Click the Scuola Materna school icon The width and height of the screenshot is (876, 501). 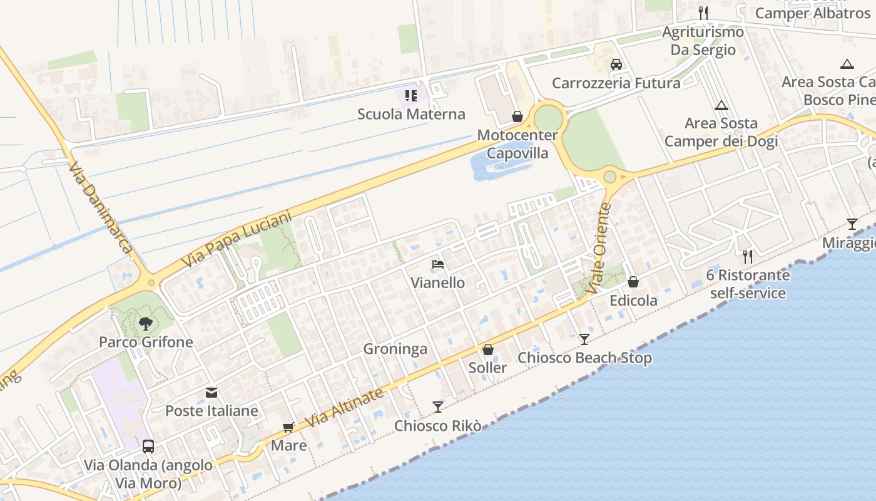coord(410,96)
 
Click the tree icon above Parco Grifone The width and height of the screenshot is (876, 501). coord(146,324)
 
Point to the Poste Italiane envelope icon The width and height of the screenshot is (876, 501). coord(211,393)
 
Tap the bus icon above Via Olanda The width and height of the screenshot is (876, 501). coord(148,447)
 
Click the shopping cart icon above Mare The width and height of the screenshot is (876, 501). coord(288,428)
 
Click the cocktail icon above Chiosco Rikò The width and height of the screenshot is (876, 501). coord(438,407)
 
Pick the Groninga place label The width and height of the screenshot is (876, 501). coord(395,349)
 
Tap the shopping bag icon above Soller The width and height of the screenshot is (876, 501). coord(488,349)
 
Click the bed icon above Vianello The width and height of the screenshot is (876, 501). coord(438,264)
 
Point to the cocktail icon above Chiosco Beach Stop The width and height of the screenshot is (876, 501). coord(584,339)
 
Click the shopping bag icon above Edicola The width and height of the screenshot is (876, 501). coord(633,282)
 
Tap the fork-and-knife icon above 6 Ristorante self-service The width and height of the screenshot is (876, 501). coord(747,256)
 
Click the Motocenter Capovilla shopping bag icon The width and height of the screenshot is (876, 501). coord(517,116)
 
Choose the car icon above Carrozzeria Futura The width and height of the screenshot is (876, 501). coord(616,65)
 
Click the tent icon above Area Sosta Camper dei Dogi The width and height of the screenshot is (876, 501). coord(721,105)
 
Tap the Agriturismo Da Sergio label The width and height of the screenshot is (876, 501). coord(703,41)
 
